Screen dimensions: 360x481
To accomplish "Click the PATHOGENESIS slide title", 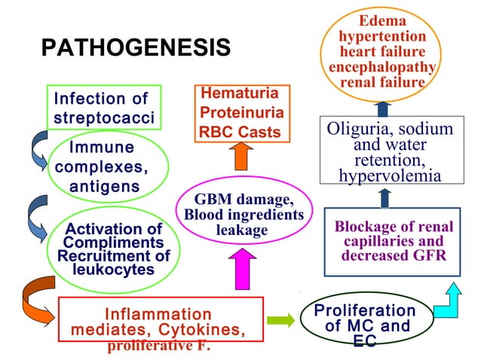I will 136,48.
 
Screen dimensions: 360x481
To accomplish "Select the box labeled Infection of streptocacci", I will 104,108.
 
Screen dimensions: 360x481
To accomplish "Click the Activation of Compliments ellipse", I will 113,249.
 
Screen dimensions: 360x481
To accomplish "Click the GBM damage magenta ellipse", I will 244,215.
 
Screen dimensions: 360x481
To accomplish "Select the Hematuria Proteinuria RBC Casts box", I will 241,114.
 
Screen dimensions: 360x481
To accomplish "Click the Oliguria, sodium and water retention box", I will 390,151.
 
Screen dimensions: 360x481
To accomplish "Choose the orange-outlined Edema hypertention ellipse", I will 382,51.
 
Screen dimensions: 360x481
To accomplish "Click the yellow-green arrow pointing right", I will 281,320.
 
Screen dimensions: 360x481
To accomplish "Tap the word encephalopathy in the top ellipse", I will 382,66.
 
